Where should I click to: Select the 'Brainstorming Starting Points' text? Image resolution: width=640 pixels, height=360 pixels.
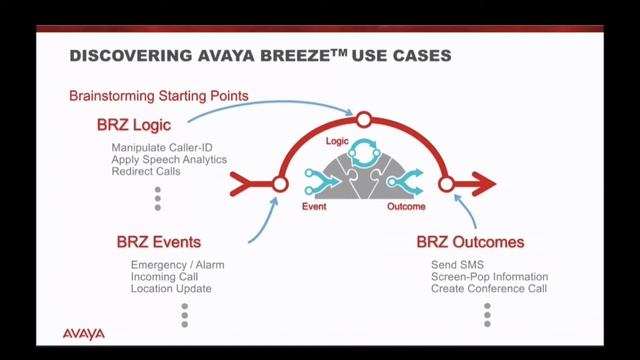point(159,96)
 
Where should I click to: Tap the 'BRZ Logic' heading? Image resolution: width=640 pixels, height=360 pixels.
point(134,125)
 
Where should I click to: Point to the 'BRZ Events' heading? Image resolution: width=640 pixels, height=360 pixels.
point(158,242)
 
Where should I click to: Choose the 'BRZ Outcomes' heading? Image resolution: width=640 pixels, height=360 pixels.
point(470,242)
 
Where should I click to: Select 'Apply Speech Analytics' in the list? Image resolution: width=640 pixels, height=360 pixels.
point(169,160)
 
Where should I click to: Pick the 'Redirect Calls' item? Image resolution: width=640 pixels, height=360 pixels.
point(146,172)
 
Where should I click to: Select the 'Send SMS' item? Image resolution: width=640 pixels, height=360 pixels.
point(442,264)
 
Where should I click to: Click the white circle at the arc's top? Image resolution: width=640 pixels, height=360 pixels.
point(364,121)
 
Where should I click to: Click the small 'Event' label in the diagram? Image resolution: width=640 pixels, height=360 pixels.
point(315,207)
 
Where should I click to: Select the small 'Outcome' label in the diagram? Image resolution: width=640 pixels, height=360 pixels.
point(406,207)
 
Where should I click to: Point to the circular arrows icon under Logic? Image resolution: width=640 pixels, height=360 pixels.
point(364,154)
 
